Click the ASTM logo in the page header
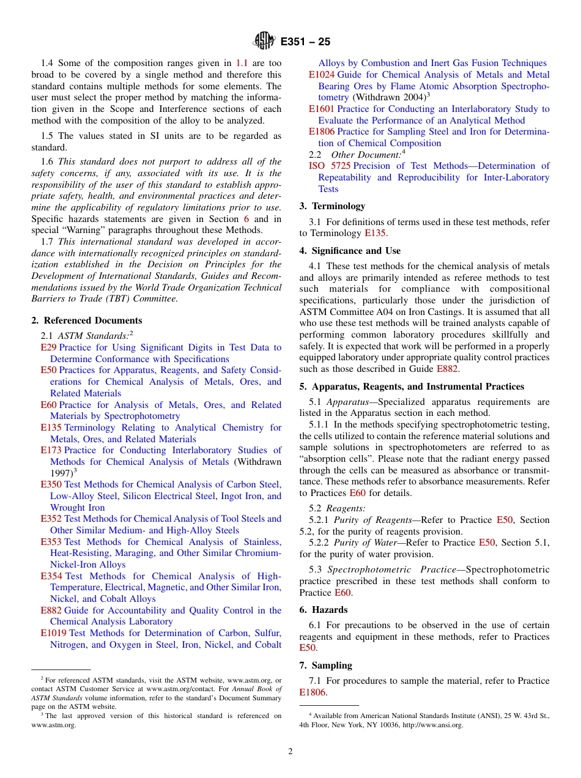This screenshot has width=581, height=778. [x=264, y=42]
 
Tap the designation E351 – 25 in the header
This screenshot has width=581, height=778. [x=305, y=42]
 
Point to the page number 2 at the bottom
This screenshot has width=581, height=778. [x=290, y=752]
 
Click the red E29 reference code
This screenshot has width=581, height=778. [x=48, y=347]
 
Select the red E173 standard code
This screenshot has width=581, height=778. [x=51, y=450]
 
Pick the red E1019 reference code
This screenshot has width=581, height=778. [x=54, y=633]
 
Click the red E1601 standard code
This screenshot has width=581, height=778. [x=322, y=109]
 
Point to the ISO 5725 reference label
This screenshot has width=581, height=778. [x=329, y=166]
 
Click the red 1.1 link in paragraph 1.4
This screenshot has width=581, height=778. [x=242, y=63]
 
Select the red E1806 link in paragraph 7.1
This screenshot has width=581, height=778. [x=313, y=692]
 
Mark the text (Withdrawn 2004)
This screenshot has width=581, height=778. [x=389, y=97]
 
